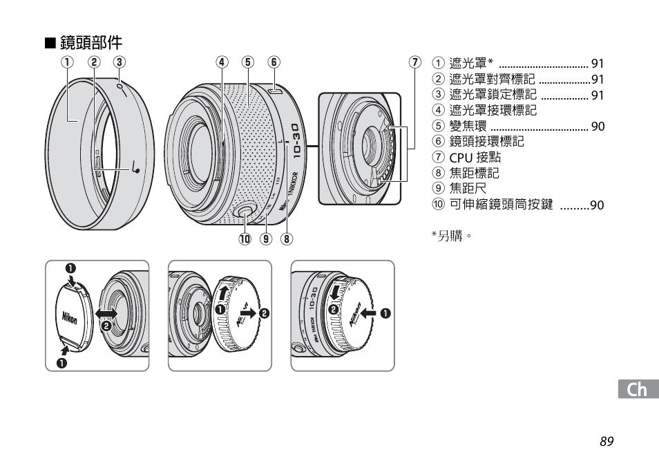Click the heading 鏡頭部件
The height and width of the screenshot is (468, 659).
90,42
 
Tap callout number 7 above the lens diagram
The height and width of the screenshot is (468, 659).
415,62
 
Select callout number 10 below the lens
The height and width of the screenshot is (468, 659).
245,238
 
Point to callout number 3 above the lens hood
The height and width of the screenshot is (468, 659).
120,62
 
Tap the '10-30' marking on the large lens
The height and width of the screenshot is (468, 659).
296,141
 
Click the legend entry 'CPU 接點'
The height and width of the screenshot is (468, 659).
475,157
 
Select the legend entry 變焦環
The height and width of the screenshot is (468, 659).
468,126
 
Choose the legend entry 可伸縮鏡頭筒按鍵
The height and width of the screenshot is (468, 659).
501,205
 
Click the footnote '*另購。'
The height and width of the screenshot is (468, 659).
451,236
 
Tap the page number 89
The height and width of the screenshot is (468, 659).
607,442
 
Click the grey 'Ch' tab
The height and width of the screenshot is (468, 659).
638,389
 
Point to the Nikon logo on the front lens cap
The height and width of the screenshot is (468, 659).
70,318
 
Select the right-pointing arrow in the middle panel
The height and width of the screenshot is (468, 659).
249,313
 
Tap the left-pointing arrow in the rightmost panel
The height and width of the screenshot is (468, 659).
369,313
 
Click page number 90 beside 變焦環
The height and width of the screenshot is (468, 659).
598,126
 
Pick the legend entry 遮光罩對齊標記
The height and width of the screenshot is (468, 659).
492,79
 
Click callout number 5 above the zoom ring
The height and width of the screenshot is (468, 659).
248,62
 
